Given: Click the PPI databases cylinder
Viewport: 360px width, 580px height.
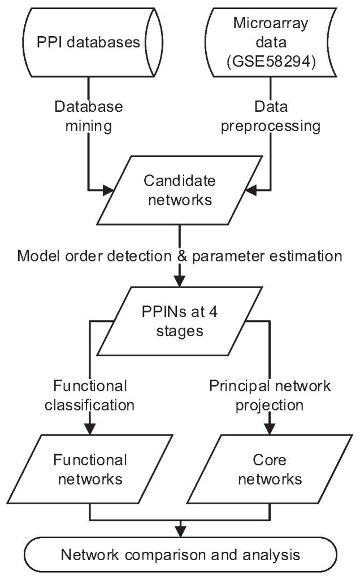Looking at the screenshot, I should tap(89, 42).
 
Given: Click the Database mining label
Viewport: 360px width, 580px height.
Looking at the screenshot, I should tap(89, 117).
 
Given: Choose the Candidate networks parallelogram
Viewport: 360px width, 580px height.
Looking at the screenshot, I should tap(179, 191).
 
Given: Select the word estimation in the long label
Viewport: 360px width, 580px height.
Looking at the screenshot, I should tap(306, 256).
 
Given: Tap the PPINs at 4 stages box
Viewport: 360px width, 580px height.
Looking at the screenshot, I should tap(179, 320).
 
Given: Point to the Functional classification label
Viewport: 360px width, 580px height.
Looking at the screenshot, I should tap(89, 395).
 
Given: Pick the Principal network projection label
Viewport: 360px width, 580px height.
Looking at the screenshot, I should tap(270, 395).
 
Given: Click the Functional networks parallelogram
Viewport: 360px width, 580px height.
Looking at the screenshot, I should tap(89, 469).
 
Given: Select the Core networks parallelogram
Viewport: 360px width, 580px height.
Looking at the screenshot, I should tap(270, 469).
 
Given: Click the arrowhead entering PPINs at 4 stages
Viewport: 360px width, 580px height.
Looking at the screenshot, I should tap(179, 283).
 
